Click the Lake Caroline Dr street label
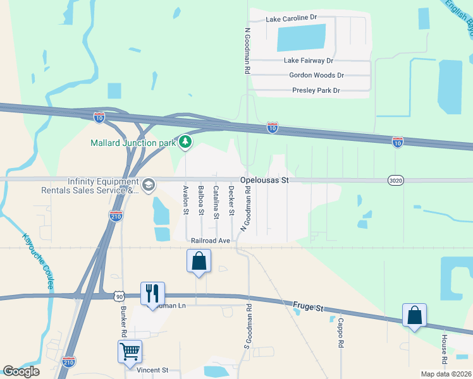291,19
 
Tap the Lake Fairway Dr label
309,61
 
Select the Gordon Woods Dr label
316,75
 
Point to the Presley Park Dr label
316,91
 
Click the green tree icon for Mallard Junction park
185,142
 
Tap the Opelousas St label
264,181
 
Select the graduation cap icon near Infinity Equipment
149,184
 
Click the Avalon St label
186,201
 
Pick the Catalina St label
216,202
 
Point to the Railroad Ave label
210,241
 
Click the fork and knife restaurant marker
152,293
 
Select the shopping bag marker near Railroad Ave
199,260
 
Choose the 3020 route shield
395,181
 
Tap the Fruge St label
308,308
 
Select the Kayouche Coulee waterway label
37,262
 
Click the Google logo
21,371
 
